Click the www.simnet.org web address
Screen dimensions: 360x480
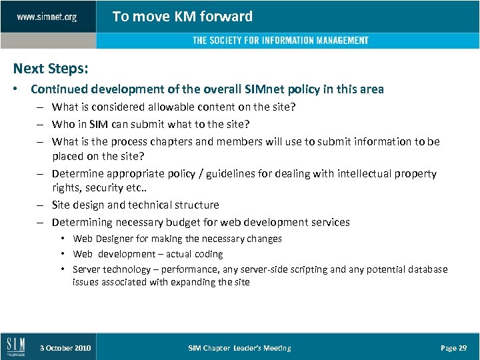(x=47, y=17)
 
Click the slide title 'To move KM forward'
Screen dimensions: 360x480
(x=182, y=17)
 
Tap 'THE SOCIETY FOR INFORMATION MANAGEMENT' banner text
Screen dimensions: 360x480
(x=280, y=41)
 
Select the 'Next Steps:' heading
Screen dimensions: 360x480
(x=51, y=69)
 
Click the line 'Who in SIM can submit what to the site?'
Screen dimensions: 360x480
(x=151, y=124)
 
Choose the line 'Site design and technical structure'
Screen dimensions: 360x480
(x=135, y=205)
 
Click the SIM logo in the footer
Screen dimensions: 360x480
(x=15, y=347)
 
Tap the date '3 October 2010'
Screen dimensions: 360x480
(x=65, y=348)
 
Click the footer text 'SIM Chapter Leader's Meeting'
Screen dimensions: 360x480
(x=239, y=348)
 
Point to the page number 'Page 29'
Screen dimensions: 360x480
(x=453, y=348)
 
